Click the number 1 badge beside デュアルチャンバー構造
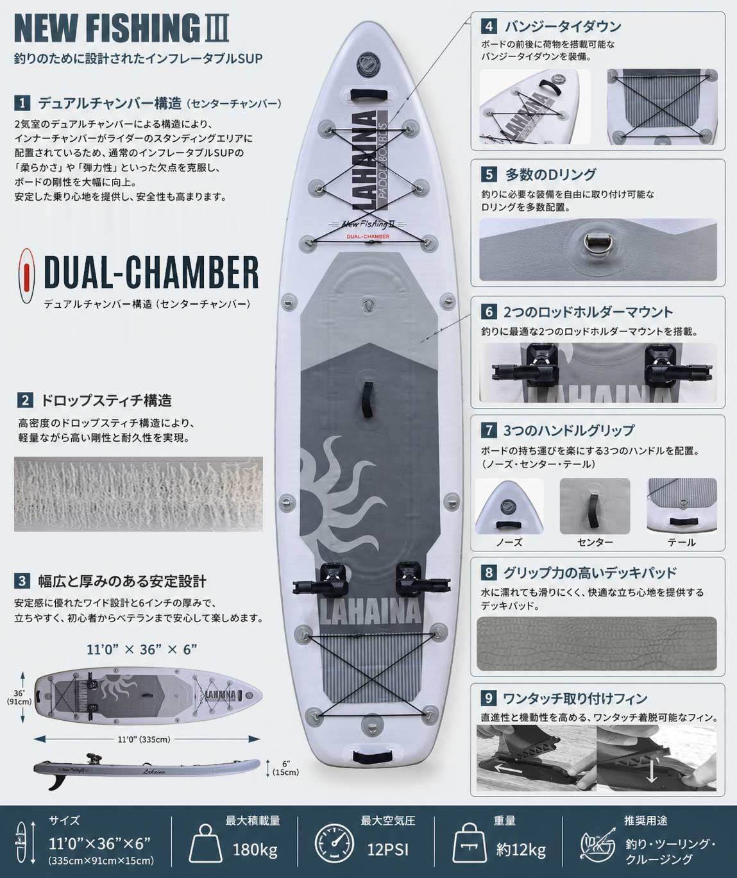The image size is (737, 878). [x=22, y=103]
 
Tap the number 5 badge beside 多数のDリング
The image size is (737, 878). [x=489, y=174]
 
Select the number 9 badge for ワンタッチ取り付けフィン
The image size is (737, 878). [x=488, y=698]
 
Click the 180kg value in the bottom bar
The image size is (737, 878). [x=255, y=850]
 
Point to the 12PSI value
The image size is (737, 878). [x=387, y=850]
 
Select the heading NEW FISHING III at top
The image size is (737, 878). [x=122, y=28]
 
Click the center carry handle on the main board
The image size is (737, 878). [x=369, y=399]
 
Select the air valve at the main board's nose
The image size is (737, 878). [x=365, y=63]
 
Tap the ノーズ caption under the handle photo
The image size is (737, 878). [x=509, y=543]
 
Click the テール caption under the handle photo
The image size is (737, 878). [x=681, y=543]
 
